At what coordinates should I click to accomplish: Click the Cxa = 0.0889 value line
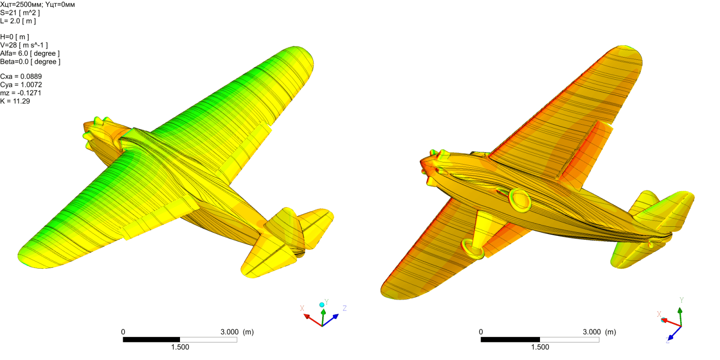pos(21,76)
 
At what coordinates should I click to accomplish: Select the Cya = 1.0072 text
pos(21,85)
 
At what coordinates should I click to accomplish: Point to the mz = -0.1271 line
pos(21,93)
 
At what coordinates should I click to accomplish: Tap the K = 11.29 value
pos(15,101)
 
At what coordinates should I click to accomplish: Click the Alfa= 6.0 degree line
pos(30,54)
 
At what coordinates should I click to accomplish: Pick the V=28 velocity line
pos(24,45)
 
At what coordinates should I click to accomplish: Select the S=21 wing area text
pos(20,13)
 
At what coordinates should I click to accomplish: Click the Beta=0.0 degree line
pos(30,62)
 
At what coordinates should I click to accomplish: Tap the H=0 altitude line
pos(14,37)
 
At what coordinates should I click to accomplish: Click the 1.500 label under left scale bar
pos(180,347)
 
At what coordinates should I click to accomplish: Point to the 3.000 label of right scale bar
pos(592,332)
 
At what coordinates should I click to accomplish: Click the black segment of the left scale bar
pos(151,340)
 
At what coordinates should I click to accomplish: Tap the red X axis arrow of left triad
pos(311,319)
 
